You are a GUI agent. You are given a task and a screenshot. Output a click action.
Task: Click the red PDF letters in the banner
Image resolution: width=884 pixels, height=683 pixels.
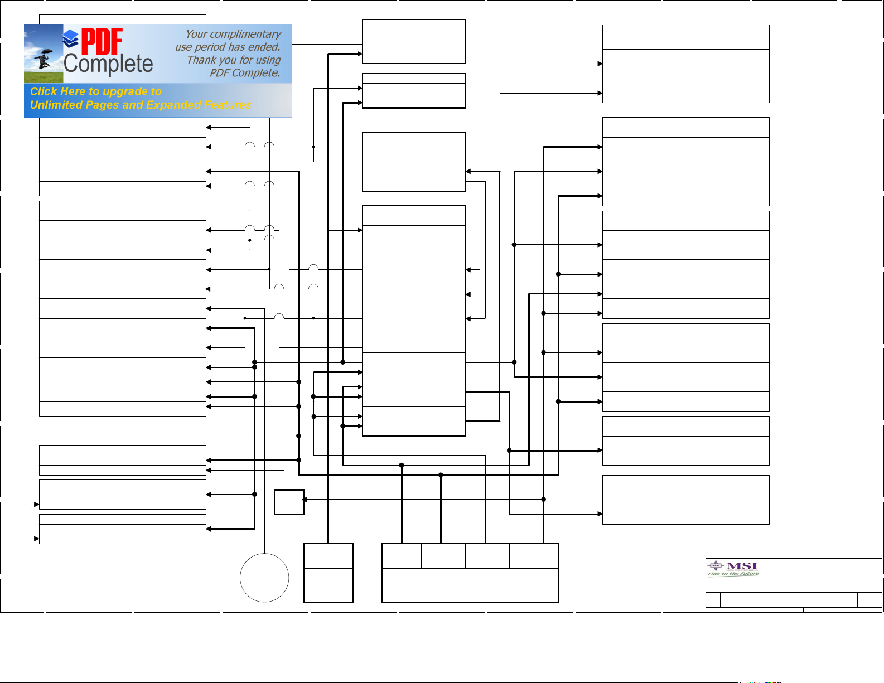pos(102,42)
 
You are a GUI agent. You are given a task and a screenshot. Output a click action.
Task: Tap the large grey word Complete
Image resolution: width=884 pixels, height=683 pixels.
pos(108,64)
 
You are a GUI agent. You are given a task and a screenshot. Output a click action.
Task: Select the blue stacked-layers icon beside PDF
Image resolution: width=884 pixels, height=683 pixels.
pos(70,38)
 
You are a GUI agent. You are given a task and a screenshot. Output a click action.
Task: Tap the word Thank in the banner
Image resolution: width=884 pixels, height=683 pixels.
pos(200,60)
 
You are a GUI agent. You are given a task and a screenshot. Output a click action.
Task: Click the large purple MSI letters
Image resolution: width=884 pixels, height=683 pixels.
pos(742,566)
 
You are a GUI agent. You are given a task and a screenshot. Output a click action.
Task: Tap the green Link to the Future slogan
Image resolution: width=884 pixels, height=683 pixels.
pos(733,574)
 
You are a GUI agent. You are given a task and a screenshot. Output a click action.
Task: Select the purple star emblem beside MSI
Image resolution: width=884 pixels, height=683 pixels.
pos(716,566)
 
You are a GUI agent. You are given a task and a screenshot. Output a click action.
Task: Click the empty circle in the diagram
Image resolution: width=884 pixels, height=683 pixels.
pos(264,578)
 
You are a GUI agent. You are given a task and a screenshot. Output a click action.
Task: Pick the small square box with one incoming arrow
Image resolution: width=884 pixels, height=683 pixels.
pos(289,502)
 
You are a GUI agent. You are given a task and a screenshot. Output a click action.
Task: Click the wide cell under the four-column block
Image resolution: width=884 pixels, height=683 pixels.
pos(470,585)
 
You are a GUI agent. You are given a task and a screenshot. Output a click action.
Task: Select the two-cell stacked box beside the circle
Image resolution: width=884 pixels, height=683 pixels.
pos(328,573)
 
